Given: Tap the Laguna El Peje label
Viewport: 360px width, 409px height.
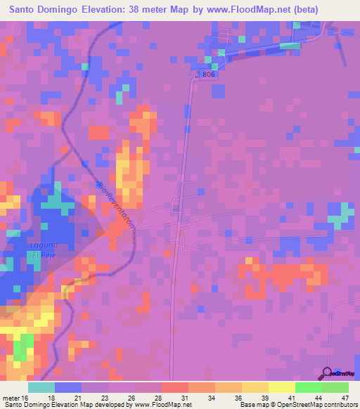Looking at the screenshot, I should pyautogui.click(x=41, y=249).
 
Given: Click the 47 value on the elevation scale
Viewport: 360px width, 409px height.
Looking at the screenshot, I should pyautogui.click(x=345, y=396).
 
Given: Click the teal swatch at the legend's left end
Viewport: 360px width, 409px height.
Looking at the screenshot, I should pyautogui.click(x=41, y=387).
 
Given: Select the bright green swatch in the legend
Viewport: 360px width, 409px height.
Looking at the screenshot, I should pyautogui.click(x=309, y=387).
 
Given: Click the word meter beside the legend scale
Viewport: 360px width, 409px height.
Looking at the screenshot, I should pyautogui.click(x=13, y=396).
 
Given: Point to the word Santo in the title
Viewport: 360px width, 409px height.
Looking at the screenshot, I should pyautogui.click(x=24, y=10).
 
